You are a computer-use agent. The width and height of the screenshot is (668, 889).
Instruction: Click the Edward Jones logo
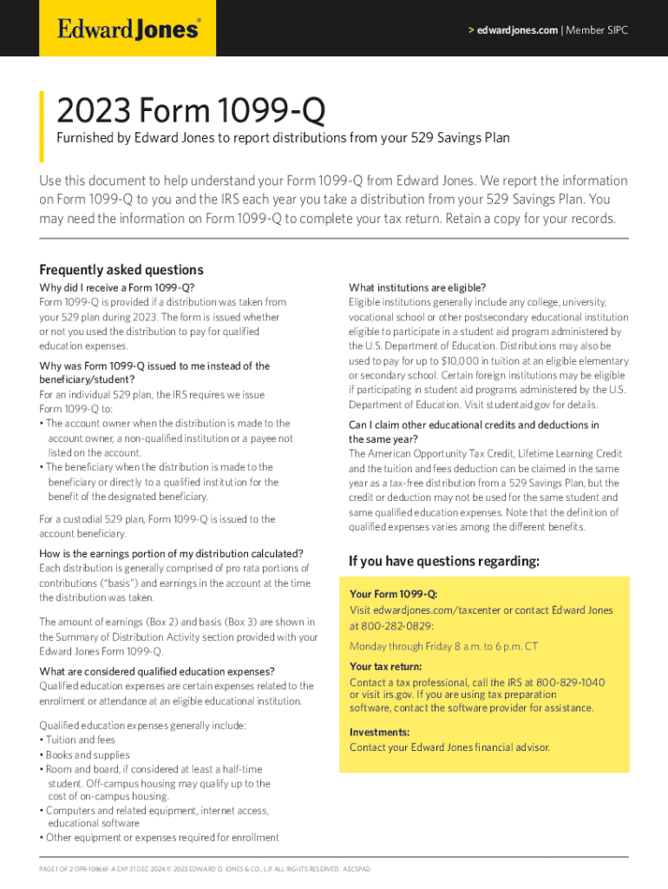[128, 30]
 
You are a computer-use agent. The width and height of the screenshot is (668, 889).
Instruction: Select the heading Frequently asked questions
[121, 269]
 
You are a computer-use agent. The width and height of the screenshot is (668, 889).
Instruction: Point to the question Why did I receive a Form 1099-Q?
[117, 287]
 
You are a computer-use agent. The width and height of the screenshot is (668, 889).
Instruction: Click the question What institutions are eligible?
[417, 287]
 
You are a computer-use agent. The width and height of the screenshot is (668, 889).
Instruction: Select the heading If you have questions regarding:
[444, 562]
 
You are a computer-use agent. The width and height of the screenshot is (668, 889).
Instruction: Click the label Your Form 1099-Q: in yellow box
[393, 595]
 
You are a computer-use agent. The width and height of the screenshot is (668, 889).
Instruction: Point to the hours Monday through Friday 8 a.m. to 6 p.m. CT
[443, 646]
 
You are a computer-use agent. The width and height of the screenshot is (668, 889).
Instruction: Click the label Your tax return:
[386, 667]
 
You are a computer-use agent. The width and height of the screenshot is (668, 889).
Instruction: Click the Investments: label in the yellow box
[380, 732]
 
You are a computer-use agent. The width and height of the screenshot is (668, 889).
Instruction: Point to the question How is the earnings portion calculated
[171, 553]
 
